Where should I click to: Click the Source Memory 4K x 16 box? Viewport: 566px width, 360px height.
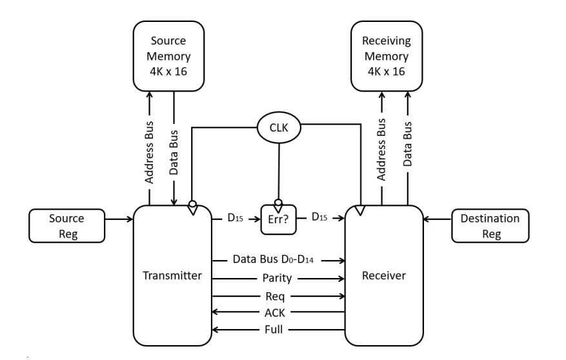pos(168,56)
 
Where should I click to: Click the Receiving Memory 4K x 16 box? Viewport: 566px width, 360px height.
pos(386,56)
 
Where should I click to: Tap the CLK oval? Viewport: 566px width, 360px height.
pos(279,127)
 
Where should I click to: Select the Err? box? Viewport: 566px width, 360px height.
pos(278,220)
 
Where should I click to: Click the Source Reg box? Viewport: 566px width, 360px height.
pos(66,226)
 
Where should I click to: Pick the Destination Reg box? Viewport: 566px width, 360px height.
pos(490,226)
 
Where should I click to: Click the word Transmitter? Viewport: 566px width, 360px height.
pos(172,276)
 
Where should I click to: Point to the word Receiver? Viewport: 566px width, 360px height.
pos(384,276)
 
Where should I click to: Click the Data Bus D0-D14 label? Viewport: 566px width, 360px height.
pos(277,261)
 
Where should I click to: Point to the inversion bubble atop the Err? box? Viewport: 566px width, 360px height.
pos(279,203)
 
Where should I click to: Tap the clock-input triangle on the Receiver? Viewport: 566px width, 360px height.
pos(359,210)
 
